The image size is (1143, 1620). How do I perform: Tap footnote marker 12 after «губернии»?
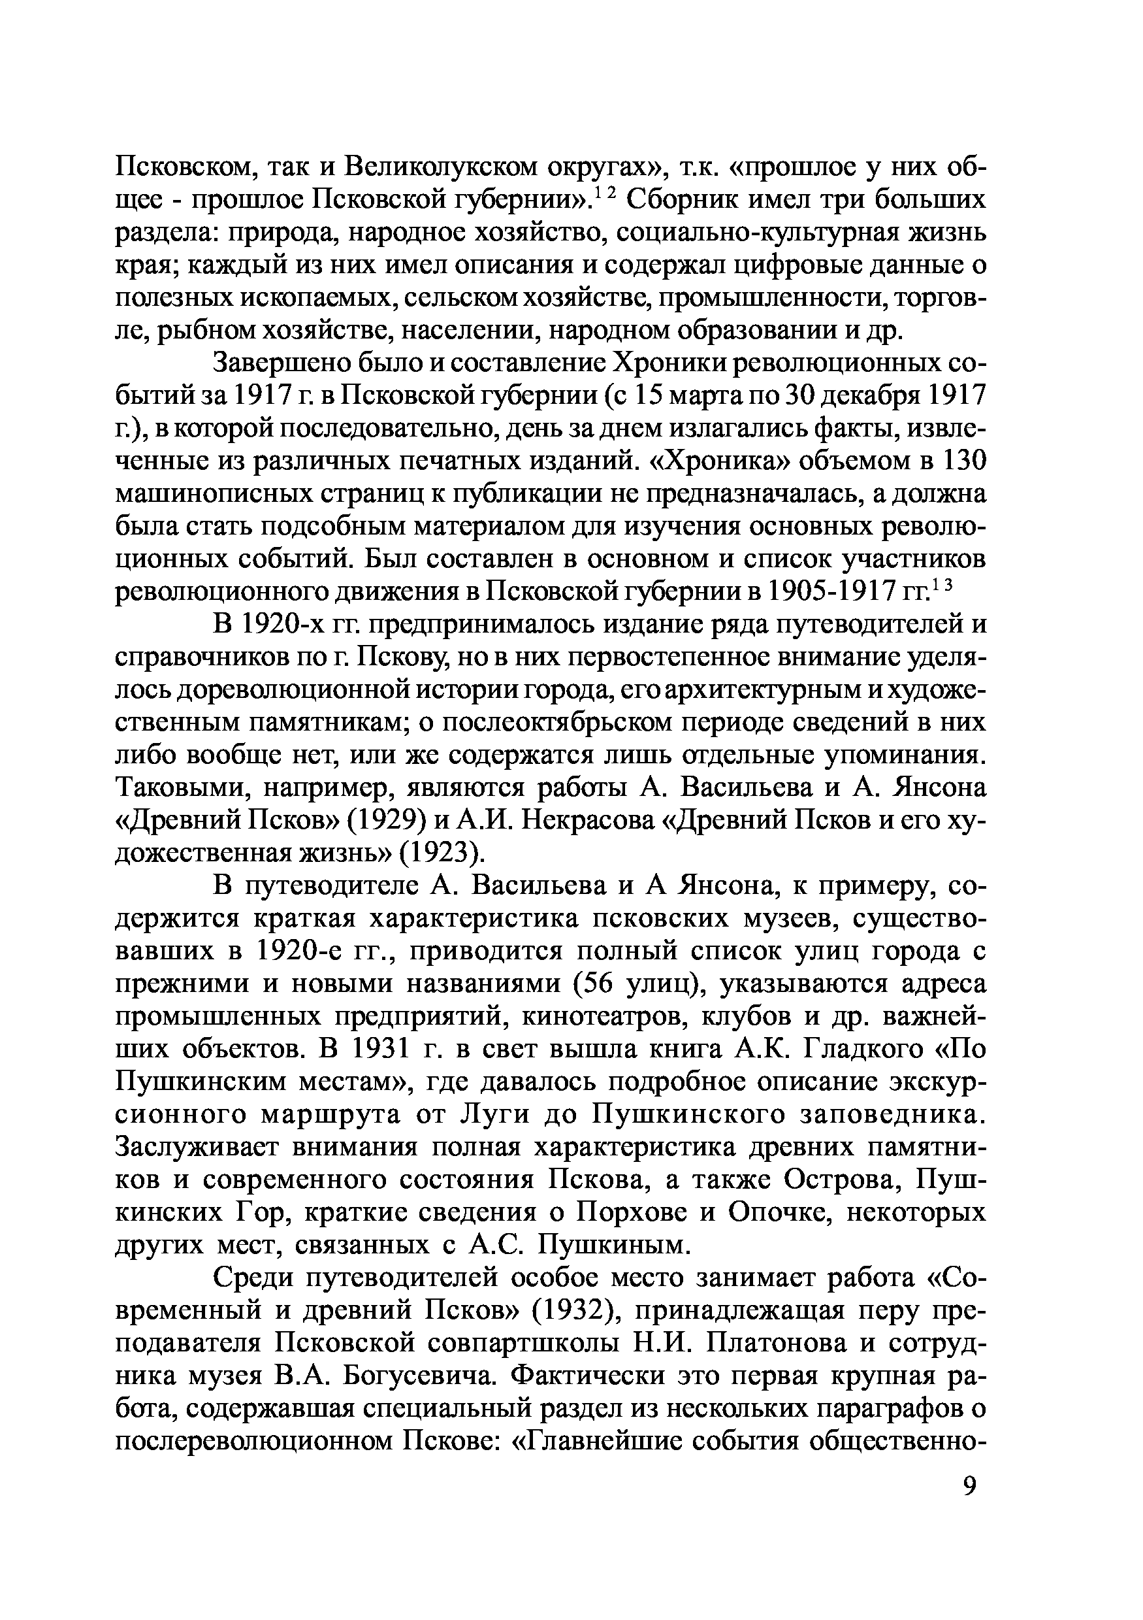[x=607, y=193]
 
